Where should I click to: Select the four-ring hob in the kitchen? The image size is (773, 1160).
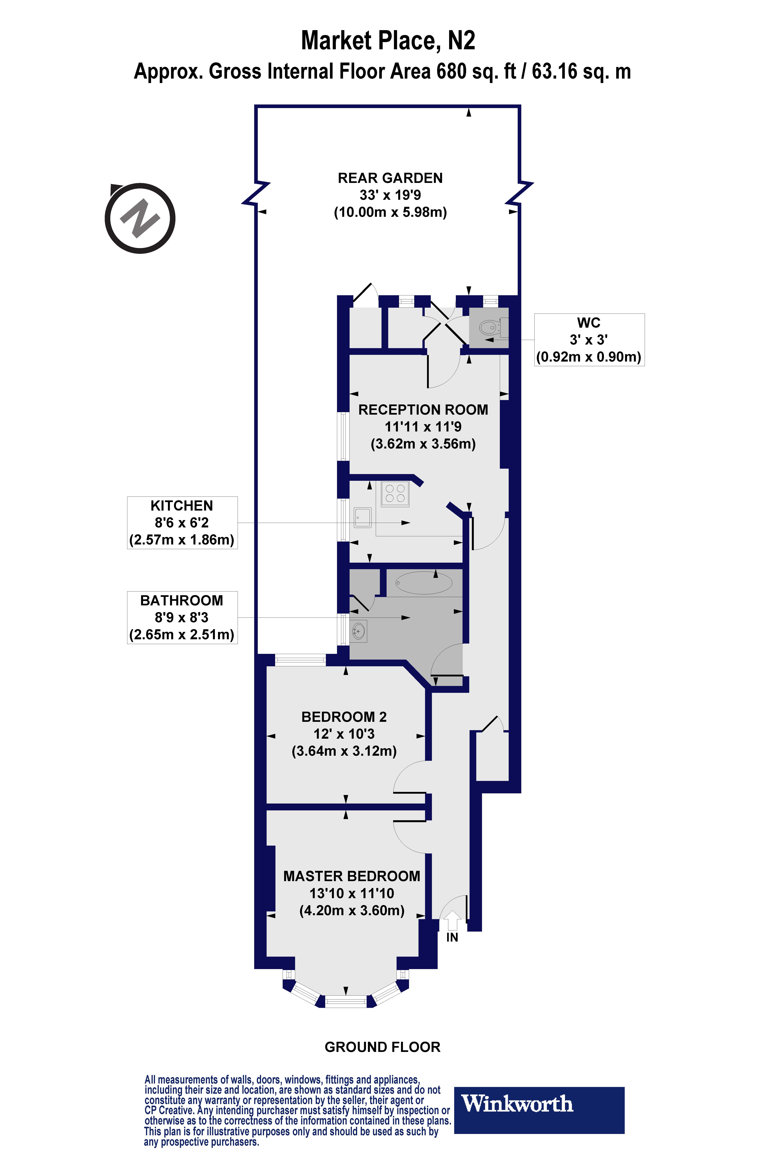[395, 493]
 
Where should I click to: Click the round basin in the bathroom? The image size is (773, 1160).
[359, 631]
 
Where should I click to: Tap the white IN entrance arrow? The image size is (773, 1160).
[452, 920]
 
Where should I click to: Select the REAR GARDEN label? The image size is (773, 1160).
[390, 178]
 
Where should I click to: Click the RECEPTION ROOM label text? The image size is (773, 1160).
[423, 410]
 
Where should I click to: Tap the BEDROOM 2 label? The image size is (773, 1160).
[344, 717]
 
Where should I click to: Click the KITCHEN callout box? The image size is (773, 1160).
[182, 522]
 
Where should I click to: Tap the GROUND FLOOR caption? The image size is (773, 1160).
[382, 1047]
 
